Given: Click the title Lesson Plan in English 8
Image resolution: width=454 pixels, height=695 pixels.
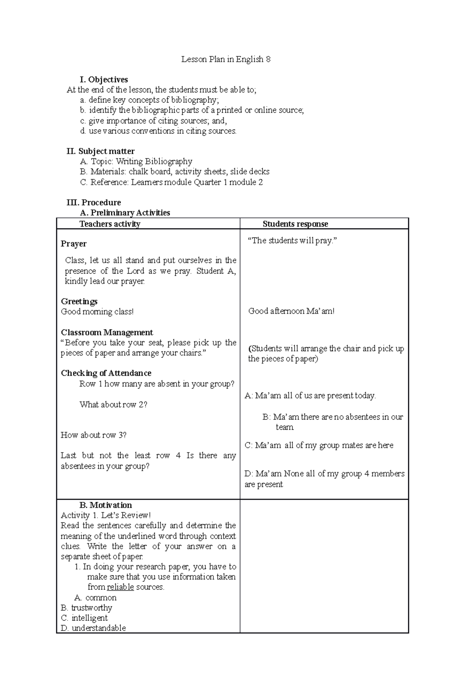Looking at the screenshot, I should coord(226,59).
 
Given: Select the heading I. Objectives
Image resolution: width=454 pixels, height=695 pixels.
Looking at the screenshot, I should coord(104,80).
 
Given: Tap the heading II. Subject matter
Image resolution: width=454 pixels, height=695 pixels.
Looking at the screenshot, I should coord(100,151).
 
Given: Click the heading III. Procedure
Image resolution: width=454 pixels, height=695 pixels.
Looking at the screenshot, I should coord(93,202).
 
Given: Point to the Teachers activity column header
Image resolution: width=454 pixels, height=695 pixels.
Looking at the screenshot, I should coord(110,224).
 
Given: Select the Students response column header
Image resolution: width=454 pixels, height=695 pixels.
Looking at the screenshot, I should coord(295,224).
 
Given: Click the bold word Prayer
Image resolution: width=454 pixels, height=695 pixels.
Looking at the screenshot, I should coord(73,244).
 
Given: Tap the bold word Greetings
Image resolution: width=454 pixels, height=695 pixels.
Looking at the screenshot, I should coord(79,301).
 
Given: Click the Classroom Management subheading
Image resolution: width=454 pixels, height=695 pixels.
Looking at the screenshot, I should coord(107,332).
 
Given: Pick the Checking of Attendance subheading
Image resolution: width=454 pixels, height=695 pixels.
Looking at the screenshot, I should coord(106,373).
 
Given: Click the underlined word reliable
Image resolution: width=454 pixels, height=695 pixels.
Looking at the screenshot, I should coord(120,587).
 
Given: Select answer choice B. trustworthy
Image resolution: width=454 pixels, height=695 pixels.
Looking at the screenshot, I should coord(86,608).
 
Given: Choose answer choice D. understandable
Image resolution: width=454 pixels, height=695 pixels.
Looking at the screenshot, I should coord(93,628).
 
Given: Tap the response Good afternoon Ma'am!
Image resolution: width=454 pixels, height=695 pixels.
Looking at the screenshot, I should coord(291,311).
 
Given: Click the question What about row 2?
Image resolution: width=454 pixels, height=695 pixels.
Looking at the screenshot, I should coord(113,405).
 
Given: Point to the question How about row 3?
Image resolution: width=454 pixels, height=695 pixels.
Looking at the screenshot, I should coord(93,435).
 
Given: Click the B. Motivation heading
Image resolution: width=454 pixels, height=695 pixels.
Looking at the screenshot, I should coord(106,505).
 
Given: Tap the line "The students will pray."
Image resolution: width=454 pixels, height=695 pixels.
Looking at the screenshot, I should coord(292,241).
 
